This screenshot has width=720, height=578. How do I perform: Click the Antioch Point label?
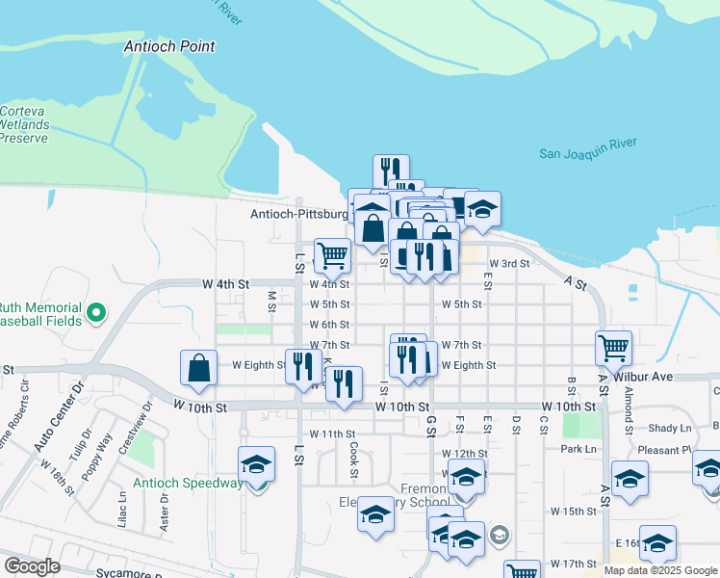(169, 46)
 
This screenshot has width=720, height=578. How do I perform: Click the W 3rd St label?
(509, 263)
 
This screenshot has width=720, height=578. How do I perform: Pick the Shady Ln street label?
(670, 429)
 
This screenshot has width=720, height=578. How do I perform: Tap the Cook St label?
(354, 460)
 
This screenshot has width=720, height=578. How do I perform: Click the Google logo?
(32, 566)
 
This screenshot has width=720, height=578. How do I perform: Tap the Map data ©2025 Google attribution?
(659, 570)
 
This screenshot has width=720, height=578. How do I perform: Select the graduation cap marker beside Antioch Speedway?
(257, 464)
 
